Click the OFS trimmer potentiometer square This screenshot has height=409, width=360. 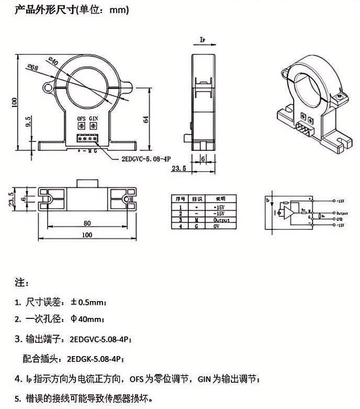(81, 127)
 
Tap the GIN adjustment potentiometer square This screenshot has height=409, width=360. (94, 127)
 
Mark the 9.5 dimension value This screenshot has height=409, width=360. (28, 121)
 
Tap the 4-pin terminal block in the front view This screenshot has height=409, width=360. (87, 139)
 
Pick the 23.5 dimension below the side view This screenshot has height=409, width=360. (179, 169)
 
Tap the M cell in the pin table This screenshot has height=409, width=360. (197, 220)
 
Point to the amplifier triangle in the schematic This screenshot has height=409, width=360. (287, 212)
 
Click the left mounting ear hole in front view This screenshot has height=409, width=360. (49, 84)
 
